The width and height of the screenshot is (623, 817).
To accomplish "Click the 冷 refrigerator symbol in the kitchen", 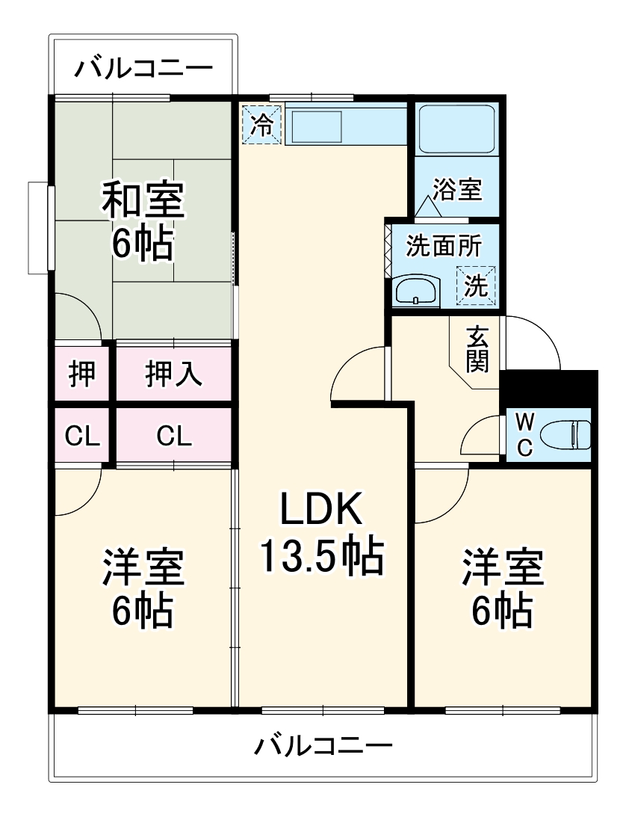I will [x=261, y=124].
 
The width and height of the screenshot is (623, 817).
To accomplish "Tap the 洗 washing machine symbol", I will [x=476, y=285].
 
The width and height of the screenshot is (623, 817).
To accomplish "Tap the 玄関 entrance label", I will [x=477, y=349].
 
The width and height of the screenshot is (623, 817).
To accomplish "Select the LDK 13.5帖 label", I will [x=321, y=532].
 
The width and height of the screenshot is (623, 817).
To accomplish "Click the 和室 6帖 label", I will [x=142, y=221].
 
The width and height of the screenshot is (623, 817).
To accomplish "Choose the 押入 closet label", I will [x=173, y=374].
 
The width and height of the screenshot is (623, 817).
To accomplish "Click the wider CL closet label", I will [x=173, y=436].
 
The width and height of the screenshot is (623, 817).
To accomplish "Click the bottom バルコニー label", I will [x=323, y=746].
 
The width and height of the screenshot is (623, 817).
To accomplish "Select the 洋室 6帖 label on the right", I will [x=502, y=588].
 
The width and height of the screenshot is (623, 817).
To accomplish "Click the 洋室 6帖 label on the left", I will [x=143, y=588].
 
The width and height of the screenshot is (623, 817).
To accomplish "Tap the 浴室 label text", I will [x=456, y=189].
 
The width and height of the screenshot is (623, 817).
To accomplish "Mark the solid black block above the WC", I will [x=549, y=388].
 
